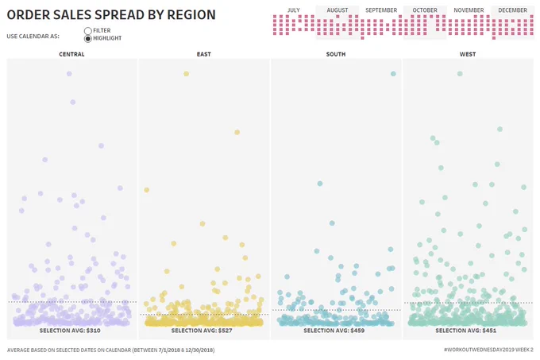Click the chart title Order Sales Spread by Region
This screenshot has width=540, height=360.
click(111, 15)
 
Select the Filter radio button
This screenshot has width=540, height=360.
click(88, 31)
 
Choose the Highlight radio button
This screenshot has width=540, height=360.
click(88, 39)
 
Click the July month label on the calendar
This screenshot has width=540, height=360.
click(293, 10)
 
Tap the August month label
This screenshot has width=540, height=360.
click(337, 10)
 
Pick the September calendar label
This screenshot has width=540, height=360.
click(381, 10)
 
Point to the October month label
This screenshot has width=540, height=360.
click(425, 10)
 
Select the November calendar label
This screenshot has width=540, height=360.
click(469, 10)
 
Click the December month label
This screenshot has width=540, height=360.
click(512, 10)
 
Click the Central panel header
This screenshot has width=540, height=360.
click(71, 54)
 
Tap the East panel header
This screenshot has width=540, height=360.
click(204, 54)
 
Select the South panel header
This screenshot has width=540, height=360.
click(336, 54)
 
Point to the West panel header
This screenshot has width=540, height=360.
click(468, 54)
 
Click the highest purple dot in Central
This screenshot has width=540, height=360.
click(69, 74)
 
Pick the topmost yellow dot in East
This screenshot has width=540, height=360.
click(187, 74)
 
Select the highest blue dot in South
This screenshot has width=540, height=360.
click(393, 74)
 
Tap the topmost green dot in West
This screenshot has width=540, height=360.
click(460, 74)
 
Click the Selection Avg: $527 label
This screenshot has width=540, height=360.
click(202, 331)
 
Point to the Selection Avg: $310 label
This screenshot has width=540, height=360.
click(70, 331)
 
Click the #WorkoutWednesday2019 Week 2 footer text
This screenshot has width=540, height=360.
click(489, 350)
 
